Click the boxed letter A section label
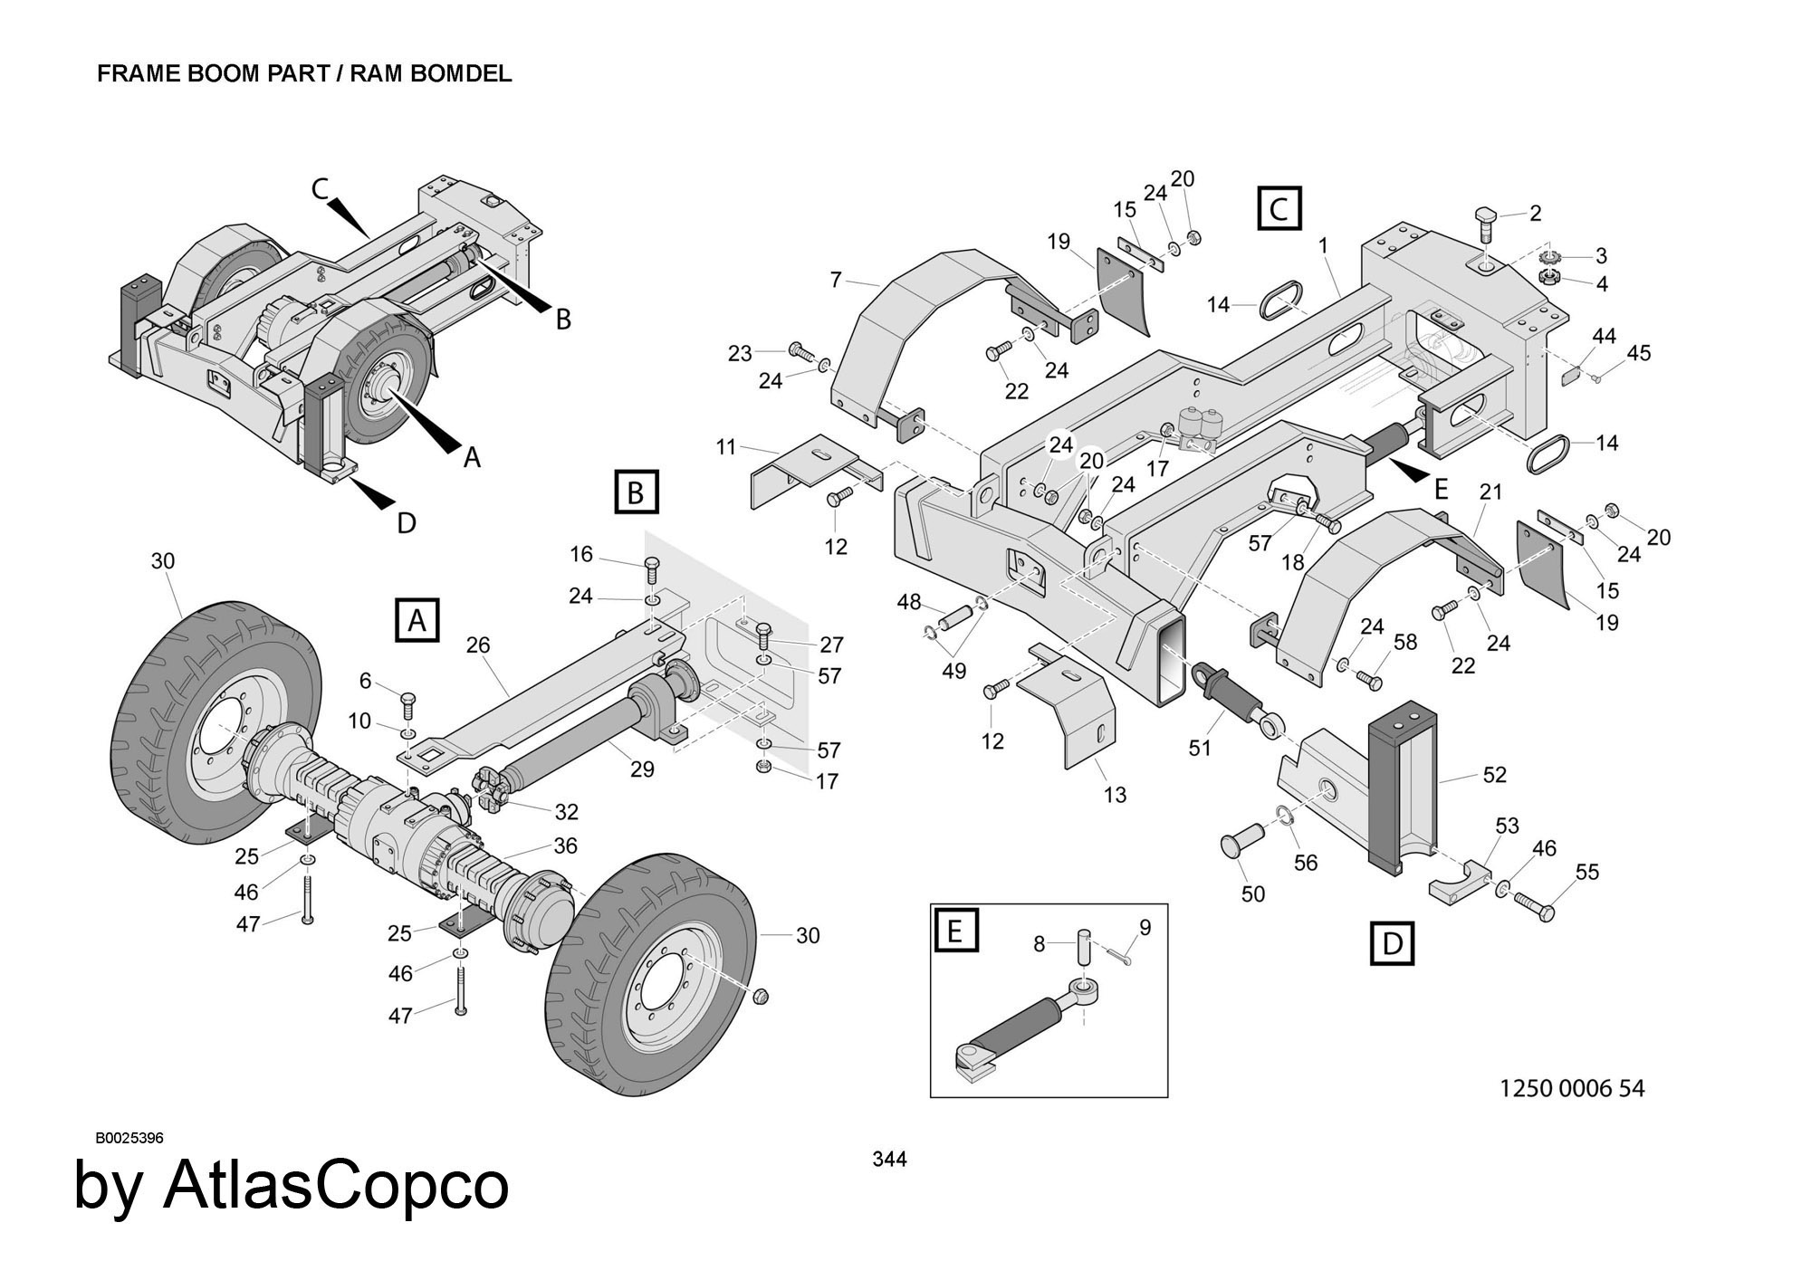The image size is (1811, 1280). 417,620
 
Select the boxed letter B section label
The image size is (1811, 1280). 636,492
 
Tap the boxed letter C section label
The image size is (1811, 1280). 1279,208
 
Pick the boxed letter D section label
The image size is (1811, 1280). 1392,943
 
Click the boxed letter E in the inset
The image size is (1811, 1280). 954,929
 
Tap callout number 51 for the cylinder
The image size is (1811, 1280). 1200,749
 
